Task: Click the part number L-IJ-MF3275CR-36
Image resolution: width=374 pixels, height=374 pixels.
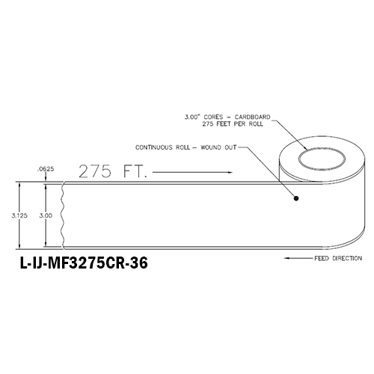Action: tap(84, 263)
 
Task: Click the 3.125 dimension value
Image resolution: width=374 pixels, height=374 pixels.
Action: tap(19, 215)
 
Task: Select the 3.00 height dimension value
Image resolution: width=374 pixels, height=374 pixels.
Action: tap(46, 215)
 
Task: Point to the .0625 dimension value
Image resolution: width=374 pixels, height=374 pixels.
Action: tap(46, 169)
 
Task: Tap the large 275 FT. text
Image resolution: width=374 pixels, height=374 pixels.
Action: tap(113, 171)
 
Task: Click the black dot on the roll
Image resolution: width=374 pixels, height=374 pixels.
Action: tap(296, 198)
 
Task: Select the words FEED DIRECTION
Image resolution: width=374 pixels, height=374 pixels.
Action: tap(338, 258)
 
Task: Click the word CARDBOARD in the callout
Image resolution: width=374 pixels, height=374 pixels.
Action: tap(252, 117)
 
